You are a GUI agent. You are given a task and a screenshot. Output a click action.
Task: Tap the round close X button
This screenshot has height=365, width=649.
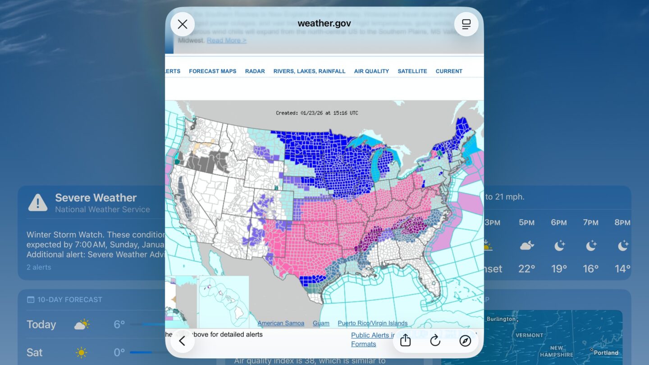(x=183, y=24)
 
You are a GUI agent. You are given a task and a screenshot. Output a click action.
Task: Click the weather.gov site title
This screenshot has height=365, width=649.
(x=324, y=23)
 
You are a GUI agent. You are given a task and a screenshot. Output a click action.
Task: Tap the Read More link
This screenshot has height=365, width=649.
(x=226, y=41)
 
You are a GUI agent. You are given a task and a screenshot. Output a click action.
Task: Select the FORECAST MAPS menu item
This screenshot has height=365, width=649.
(x=212, y=71)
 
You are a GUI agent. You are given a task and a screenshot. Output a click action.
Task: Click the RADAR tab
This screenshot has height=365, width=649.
(x=255, y=71)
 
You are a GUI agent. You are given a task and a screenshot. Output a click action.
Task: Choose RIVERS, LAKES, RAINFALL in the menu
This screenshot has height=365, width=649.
(x=309, y=71)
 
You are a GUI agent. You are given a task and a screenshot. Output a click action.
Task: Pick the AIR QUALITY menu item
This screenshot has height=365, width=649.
(x=371, y=71)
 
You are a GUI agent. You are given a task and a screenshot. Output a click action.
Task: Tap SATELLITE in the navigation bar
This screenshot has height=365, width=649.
(x=412, y=71)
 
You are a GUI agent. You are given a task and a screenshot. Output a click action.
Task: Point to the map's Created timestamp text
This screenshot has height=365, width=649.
(x=317, y=113)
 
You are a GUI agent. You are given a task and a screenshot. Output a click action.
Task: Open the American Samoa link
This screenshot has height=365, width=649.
(x=281, y=323)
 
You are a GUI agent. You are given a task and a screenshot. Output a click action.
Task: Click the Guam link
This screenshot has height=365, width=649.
(x=321, y=323)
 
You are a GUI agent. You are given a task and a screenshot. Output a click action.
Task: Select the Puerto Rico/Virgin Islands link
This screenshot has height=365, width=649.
(x=372, y=323)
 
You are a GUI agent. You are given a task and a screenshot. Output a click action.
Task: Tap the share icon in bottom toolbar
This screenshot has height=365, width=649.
(x=405, y=341)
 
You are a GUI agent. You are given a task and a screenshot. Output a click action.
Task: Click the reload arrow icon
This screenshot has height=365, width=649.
(x=435, y=341)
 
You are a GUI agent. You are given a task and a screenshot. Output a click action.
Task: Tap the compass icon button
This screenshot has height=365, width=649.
(x=465, y=341)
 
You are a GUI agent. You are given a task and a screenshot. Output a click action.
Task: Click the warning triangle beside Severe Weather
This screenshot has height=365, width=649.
(x=38, y=203)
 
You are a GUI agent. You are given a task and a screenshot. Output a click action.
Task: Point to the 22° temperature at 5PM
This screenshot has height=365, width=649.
(x=526, y=269)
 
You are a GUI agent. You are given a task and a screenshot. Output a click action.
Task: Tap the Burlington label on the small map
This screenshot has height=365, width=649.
(x=501, y=319)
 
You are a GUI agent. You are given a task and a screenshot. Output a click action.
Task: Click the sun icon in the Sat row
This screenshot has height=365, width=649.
(x=82, y=352)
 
